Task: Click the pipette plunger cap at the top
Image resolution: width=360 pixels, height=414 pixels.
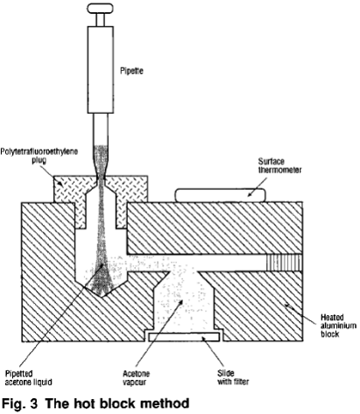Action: point(100,8)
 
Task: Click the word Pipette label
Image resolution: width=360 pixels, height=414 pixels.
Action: point(131,71)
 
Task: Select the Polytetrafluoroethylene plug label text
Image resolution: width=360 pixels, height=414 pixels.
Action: point(39,156)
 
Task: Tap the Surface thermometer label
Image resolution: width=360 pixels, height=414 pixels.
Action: point(279,165)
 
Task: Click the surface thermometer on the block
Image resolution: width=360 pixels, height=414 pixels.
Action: point(220,195)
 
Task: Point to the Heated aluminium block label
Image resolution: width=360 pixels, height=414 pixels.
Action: point(338,326)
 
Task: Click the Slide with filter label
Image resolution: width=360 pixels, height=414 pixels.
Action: point(233,377)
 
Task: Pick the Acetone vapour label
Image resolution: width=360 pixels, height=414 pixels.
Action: point(136,377)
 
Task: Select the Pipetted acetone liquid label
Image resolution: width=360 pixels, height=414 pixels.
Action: point(28,377)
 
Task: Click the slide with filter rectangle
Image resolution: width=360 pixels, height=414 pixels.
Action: point(184,337)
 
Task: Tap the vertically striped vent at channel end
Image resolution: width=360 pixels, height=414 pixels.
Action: point(284,263)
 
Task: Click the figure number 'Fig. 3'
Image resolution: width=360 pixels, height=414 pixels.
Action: point(19,403)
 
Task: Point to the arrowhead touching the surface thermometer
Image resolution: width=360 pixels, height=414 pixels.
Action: point(250,194)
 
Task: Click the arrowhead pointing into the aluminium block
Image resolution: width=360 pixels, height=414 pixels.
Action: point(287,306)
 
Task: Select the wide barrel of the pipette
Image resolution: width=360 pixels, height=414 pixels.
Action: point(101,69)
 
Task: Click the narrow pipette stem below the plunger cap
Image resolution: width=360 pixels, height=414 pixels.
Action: point(101,19)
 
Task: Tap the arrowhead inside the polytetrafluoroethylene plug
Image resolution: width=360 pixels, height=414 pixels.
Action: point(60,184)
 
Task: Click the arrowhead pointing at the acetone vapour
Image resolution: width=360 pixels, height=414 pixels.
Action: point(181,302)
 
